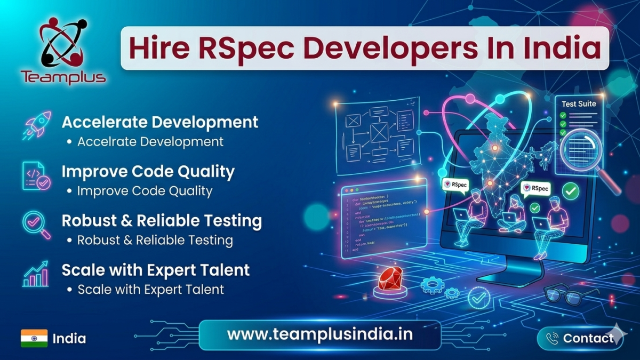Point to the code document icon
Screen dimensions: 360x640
36,177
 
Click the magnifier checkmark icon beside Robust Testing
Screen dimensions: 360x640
37,225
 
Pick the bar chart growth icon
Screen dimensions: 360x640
36,274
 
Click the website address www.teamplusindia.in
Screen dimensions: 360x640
319,334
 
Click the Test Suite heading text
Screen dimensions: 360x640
579,103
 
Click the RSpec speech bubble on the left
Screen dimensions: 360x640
454,184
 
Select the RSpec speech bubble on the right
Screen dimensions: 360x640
535,188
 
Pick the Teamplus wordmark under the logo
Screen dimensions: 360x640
63,77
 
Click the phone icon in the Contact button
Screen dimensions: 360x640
553,338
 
